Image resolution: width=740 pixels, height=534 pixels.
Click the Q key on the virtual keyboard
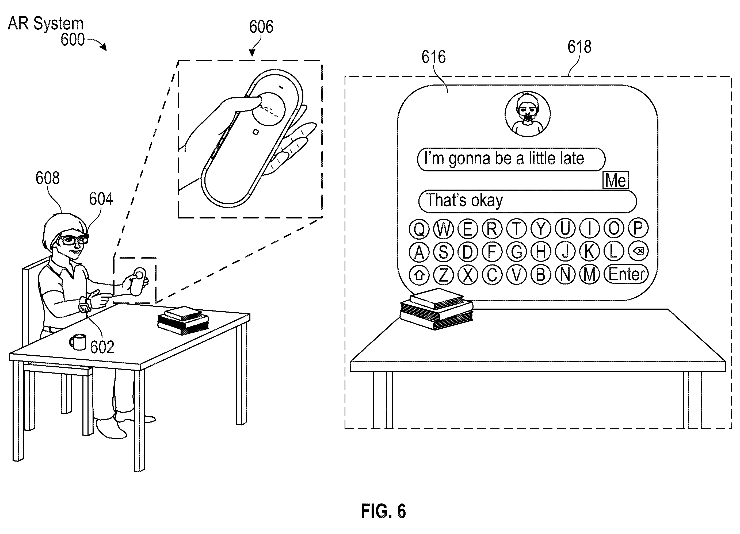pyautogui.click(x=419, y=229)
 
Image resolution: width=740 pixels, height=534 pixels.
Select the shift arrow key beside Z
pyautogui.click(x=419, y=275)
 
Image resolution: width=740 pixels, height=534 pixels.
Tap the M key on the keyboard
pyautogui.click(x=590, y=275)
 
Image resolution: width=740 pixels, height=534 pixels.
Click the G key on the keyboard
pyautogui.click(x=517, y=252)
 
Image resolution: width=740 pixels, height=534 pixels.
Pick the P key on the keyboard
pyautogui.click(x=638, y=228)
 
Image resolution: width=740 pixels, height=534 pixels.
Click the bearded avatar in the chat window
pyautogui.click(x=528, y=114)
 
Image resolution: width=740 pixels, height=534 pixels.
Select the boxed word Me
pyautogui.click(x=616, y=180)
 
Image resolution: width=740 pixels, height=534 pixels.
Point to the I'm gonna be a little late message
pyautogui.click(x=511, y=159)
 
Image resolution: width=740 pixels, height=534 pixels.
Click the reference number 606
pyautogui.click(x=261, y=26)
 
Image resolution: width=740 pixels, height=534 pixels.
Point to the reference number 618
pyautogui.click(x=579, y=47)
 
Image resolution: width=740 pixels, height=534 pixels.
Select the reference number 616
pyautogui.click(x=433, y=57)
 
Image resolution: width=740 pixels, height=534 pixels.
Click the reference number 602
pyautogui.click(x=102, y=347)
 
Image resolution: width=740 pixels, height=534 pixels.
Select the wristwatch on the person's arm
pyautogui.click(x=85, y=304)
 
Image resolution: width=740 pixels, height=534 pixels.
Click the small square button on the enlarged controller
pyautogui.click(x=256, y=132)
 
